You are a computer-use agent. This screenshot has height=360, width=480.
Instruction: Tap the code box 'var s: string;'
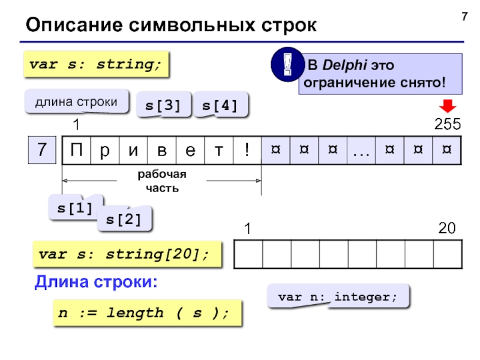(x=96, y=64)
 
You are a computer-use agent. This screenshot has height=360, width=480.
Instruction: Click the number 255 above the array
(x=447, y=124)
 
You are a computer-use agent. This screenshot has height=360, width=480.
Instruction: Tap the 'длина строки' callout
(x=77, y=102)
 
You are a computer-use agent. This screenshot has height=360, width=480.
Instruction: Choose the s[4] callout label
(x=220, y=106)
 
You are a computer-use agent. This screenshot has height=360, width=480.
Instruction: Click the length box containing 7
(x=42, y=150)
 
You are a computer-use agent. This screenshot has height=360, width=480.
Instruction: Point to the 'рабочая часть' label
(x=162, y=181)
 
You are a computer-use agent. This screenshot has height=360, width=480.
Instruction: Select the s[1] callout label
(x=75, y=208)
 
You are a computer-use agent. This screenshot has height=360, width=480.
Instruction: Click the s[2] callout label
(x=124, y=220)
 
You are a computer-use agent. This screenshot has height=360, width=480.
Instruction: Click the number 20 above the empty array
(x=446, y=229)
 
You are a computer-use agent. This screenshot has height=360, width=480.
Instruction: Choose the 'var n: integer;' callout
(x=337, y=297)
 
